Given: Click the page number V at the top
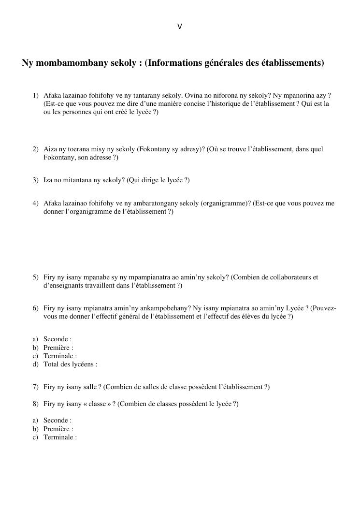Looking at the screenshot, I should pyautogui.click(x=180, y=27).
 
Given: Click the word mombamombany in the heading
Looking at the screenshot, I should pyautogui.click(x=71, y=63).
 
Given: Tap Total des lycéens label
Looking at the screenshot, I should pyautogui.click(x=70, y=364).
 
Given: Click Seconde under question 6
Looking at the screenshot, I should pyautogui.click(x=57, y=339).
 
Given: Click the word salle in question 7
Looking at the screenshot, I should pyautogui.click(x=87, y=387).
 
